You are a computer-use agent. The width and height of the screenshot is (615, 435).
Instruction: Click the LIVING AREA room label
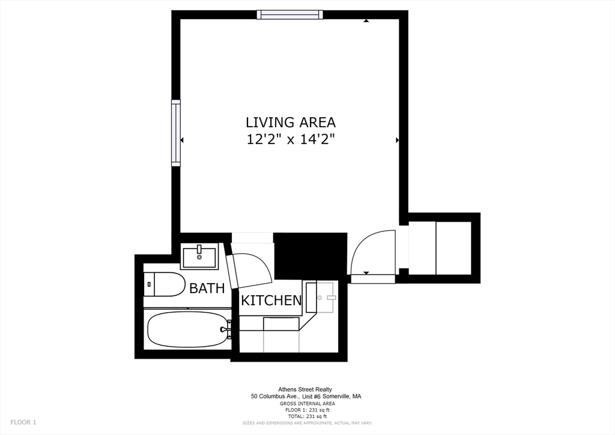click(x=291, y=123)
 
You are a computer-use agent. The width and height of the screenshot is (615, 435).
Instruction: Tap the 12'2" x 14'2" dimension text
click(x=291, y=139)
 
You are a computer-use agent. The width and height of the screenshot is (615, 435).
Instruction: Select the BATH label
click(x=207, y=288)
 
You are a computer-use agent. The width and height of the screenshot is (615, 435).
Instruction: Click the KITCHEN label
click(x=271, y=300)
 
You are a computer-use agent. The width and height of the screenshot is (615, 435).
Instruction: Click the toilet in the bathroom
click(x=165, y=284)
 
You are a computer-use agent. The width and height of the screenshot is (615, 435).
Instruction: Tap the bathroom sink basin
click(x=199, y=257)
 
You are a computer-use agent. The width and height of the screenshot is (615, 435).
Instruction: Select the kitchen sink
click(x=324, y=297)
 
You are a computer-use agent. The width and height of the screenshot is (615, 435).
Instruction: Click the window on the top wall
click(x=290, y=15)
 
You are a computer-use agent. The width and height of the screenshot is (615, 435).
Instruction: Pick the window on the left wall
click(x=176, y=133)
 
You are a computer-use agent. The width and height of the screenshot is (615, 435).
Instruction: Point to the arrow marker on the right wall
click(x=398, y=140)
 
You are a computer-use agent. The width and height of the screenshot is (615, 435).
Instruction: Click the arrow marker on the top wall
click(x=366, y=21)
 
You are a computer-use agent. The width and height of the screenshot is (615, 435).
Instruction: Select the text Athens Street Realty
click(x=304, y=389)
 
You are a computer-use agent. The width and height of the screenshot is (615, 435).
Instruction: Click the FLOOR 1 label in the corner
click(x=23, y=422)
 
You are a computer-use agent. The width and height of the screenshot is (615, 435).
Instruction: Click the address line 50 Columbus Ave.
click(x=306, y=397)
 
